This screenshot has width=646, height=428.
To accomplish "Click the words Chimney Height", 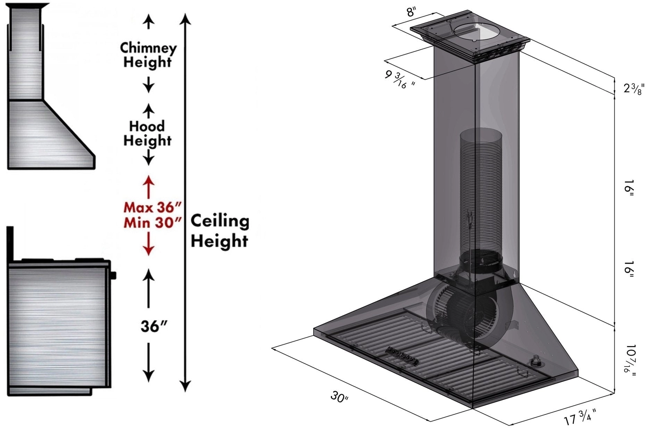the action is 148,55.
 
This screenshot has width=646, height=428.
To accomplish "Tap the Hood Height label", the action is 147,133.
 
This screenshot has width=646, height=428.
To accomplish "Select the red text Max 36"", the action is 152,207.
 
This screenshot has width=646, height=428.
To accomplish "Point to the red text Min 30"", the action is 152,222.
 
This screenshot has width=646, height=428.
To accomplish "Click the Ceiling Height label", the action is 220,231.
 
